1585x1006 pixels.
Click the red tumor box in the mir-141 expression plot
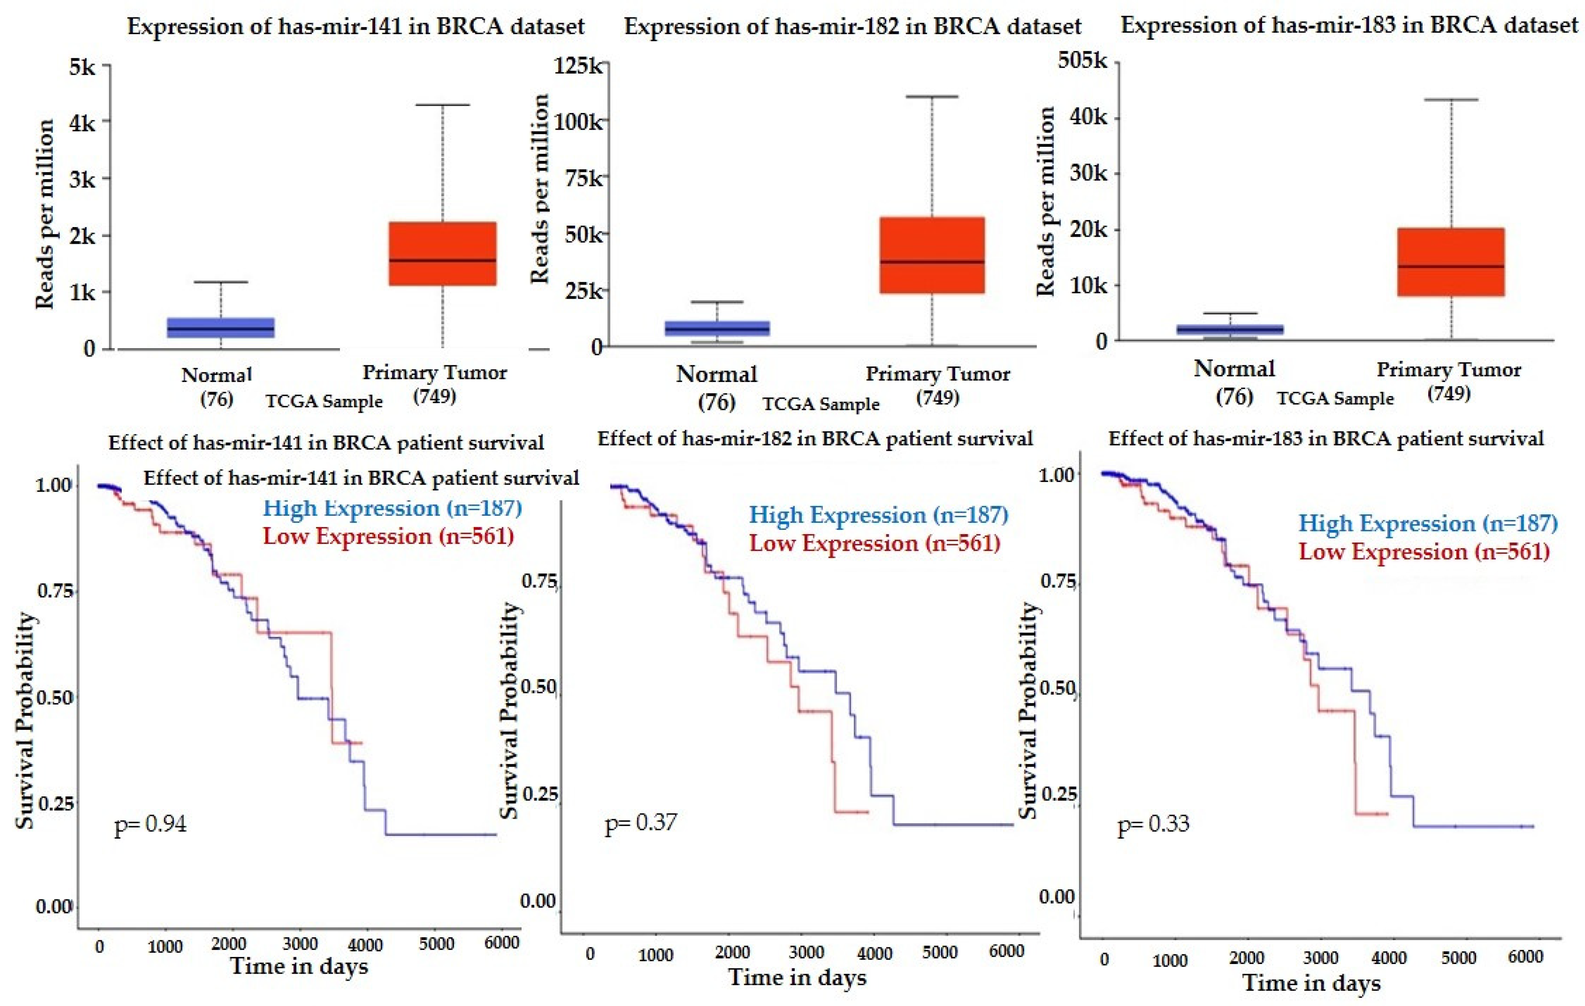pyautogui.click(x=443, y=253)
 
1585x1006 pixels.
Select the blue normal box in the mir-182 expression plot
pyautogui.click(x=717, y=328)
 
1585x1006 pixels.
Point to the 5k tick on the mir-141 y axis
pyautogui.click(x=82, y=67)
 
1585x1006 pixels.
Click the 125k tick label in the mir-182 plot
pyautogui.click(x=578, y=67)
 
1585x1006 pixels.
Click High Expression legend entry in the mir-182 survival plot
pyautogui.click(x=878, y=514)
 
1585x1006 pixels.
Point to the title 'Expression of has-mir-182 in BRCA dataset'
pyautogui.click(x=852, y=26)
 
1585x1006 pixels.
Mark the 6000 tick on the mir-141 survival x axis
pyautogui.click(x=502, y=943)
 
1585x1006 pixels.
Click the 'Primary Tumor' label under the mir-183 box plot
pyautogui.click(x=1449, y=369)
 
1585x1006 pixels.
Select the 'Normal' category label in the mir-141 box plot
pyautogui.click(x=217, y=375)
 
